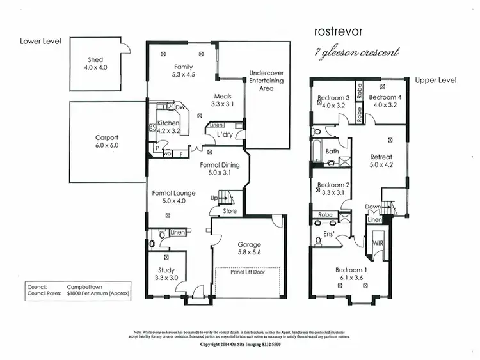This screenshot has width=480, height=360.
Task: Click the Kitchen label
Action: tap(168, 123)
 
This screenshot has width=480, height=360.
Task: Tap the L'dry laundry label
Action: tap(224, 136)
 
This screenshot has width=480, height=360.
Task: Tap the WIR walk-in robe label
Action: tap(377, 243)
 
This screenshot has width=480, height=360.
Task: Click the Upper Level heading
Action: tap(436, 81)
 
